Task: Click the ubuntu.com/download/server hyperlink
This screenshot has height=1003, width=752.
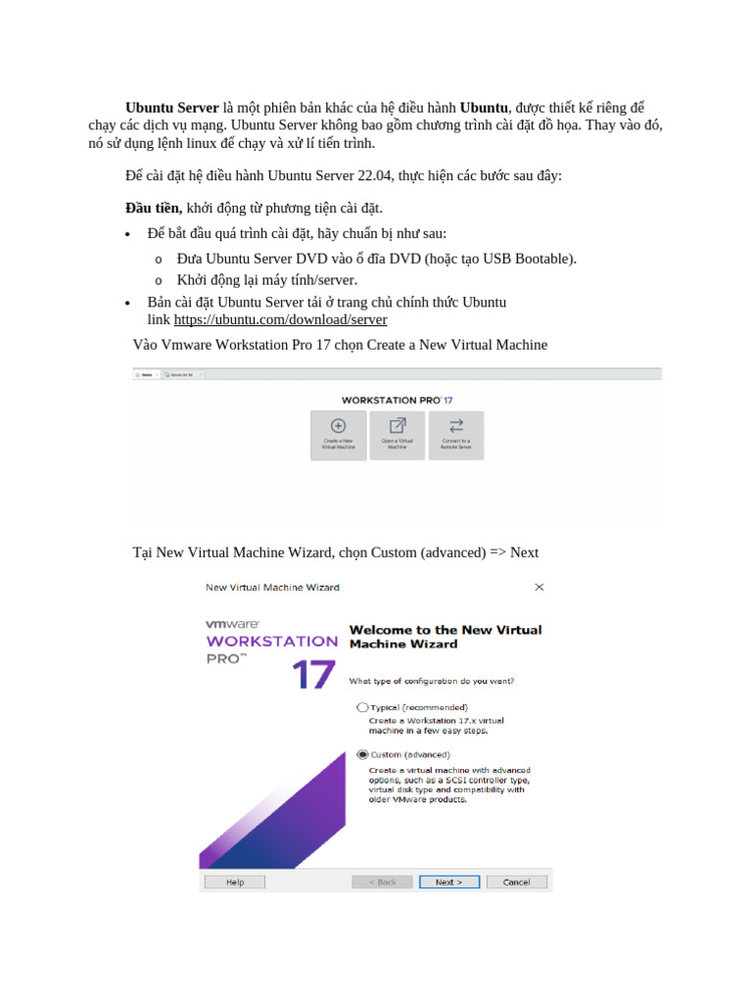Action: [280, 320]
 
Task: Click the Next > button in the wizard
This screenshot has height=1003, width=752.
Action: [448, 882]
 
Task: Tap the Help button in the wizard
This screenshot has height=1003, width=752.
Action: [235, 882]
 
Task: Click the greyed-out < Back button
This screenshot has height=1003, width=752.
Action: [382, 882]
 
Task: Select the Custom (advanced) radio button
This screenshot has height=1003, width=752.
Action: [363, 754]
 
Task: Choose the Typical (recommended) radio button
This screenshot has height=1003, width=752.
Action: [363, 706]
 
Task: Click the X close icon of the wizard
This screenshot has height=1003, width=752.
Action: [539, 587]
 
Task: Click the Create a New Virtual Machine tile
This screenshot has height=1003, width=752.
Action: [338, 434]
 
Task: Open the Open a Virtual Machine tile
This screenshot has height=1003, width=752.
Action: [398, 434]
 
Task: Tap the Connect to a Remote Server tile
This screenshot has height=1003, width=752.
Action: [456, 434]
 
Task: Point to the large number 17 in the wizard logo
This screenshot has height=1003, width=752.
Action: [312, 674]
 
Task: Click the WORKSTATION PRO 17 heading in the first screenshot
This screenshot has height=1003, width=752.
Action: [397, 400]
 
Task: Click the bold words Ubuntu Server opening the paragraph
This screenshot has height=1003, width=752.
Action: [172, 107]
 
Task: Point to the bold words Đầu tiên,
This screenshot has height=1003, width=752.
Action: [154, 208]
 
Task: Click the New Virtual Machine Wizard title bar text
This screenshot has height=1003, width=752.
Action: [272, 587]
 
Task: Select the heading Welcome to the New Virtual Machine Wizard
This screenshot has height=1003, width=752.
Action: [445, 637]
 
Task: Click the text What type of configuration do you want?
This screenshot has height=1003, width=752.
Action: [432, 681]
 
